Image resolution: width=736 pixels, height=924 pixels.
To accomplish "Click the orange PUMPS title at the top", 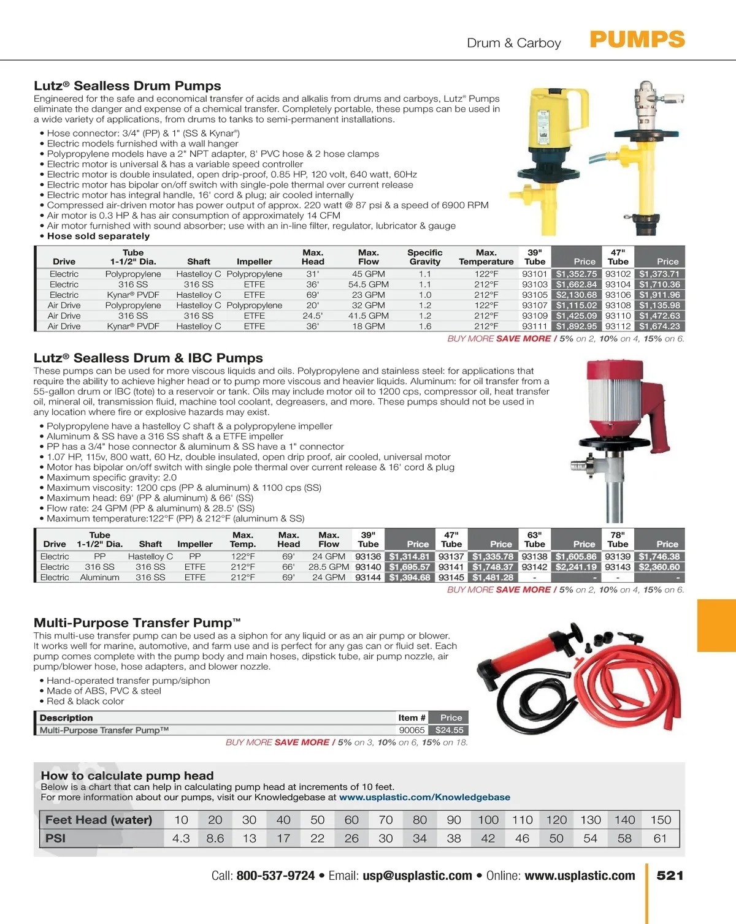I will pyautogui.click(x=637, y=40).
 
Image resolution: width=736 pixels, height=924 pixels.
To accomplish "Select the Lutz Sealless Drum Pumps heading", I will pyautogui.click(x=127, y=86).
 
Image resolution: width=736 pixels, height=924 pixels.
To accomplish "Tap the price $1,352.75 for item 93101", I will pyautogui.click(x=576, y=274).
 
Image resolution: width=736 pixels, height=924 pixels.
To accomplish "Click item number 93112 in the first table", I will pyautogui.click(x=618, y=326).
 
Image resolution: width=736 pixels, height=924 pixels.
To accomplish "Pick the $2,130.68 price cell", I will pyautogui.click(x=576, y=295).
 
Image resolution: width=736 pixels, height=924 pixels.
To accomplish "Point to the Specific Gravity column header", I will pyautogui.click(x=424, y=257).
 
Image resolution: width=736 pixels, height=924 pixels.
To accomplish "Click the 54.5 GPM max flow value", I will pyautogui.click(x=368, y=284).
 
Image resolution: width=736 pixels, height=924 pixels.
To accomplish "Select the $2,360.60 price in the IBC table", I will pyautogui.click(x=659, y=567).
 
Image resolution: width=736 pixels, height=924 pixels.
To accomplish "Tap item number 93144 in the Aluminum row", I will pyautogui.click(x=368, y=577).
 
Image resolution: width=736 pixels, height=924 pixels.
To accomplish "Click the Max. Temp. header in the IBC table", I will pyautogui.click(x=243, y=539).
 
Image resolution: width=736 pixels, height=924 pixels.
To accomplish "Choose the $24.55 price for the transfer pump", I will pyautogui.click(x=449, y=730).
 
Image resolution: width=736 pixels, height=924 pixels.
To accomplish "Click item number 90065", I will pyautogui.click(x=412, y=730).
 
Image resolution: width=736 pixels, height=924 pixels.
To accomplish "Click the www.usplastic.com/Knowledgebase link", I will pyautogui.click(x=424, y=797).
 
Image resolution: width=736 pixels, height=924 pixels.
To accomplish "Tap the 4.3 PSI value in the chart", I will pyautogui.click(x=181, y=838).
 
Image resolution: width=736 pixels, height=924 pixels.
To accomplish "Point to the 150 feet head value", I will pyautogui.click(x=661, y=820).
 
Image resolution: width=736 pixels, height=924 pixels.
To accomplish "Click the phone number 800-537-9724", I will pyautogui.click(x=275, y=876).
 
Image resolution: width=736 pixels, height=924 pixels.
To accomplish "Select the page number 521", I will pyautogui.click(x=670, y=876).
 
